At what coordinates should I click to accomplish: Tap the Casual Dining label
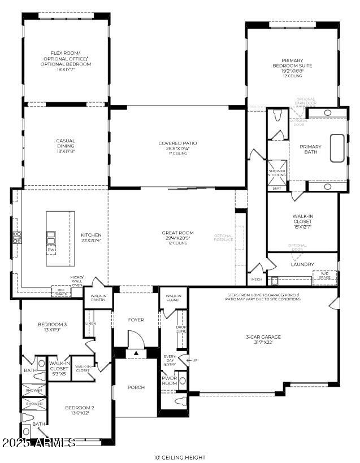click(x=66, y=146)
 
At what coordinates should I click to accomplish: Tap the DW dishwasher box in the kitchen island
click(x=51, y=249)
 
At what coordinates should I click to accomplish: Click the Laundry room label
click(x=302, y=264)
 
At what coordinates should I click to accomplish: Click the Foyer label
click(x=136, y=320)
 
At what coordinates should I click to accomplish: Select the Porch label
click(x=136, y=387)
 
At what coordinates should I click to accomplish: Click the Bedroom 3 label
click(x=53, y=327)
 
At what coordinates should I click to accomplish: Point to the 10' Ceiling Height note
click(x=180, y=457)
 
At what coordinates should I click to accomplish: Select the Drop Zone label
click(x=181, y=329)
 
